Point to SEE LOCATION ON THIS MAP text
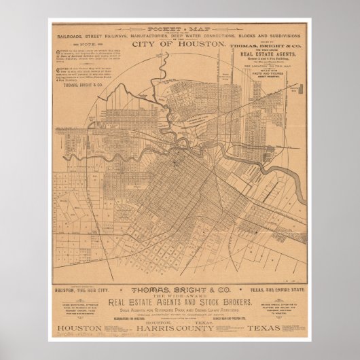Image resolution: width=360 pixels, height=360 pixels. [271, 76]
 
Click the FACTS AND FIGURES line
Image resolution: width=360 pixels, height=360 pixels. [271, 85]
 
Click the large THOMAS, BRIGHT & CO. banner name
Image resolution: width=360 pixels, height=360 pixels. [179, 288]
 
